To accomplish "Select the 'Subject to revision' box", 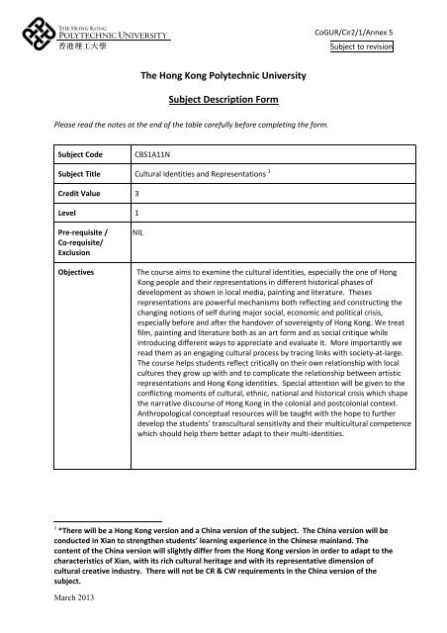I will (361, 45).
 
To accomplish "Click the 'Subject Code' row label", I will (78, 155).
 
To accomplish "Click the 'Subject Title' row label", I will (78, 174).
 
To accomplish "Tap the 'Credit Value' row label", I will (79, 193).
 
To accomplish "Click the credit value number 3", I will (137, 193).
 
